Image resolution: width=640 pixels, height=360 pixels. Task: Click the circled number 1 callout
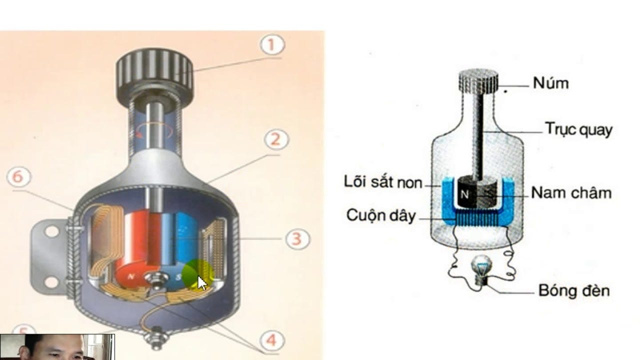pos(271,46)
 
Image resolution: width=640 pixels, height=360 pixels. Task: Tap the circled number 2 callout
pos(275,140)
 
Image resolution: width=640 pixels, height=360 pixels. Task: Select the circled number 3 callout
pos(297,238)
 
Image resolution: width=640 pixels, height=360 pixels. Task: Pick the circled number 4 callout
pos(270,340)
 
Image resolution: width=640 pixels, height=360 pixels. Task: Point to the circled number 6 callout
pos(19,177)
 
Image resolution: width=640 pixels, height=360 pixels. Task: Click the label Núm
pos(550,83)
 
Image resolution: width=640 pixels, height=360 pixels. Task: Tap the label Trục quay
pos(578,129)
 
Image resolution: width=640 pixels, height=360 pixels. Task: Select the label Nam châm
pos(571,192)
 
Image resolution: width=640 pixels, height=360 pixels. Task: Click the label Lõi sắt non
pos(383,181)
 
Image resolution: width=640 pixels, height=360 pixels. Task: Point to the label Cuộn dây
pos(380,215)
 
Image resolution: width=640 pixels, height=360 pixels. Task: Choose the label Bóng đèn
pos(573,290)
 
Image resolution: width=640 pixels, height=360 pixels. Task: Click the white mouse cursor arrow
pos(201,282)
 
